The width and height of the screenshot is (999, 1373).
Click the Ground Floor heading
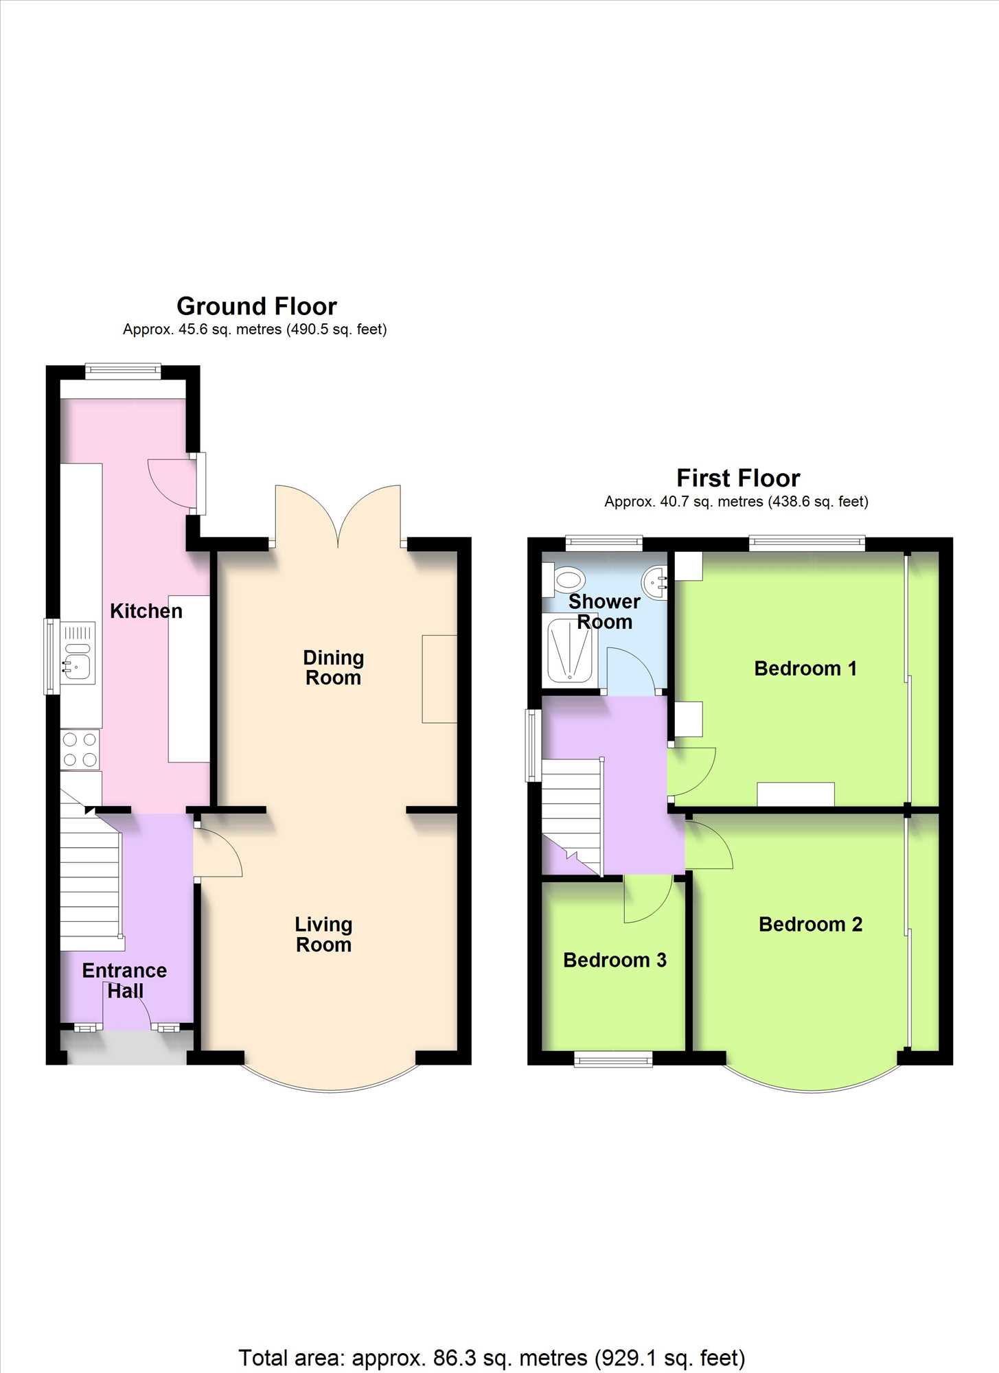(257, 306)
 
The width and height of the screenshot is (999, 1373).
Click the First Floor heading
(738, 478)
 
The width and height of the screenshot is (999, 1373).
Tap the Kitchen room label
(146, 611)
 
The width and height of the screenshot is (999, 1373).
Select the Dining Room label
(334, 667)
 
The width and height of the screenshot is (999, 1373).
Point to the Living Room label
(323, 934)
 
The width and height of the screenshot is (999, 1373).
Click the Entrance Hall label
(125, 980)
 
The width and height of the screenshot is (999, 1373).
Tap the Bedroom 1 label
(805, 668)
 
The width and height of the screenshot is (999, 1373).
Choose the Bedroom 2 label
(810, 924)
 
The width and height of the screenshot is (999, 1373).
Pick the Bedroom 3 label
(615, 960)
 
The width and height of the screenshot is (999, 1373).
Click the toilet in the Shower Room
(563, 579)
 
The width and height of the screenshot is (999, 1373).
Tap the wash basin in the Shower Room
(655, 582)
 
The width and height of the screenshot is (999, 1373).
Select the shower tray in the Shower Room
(570, 649)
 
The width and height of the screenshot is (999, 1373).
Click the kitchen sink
(78, 653)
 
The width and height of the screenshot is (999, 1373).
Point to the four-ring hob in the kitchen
(80, 750)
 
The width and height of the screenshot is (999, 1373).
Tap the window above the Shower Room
(604, 543)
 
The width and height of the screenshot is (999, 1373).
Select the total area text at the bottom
(492, 1358)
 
